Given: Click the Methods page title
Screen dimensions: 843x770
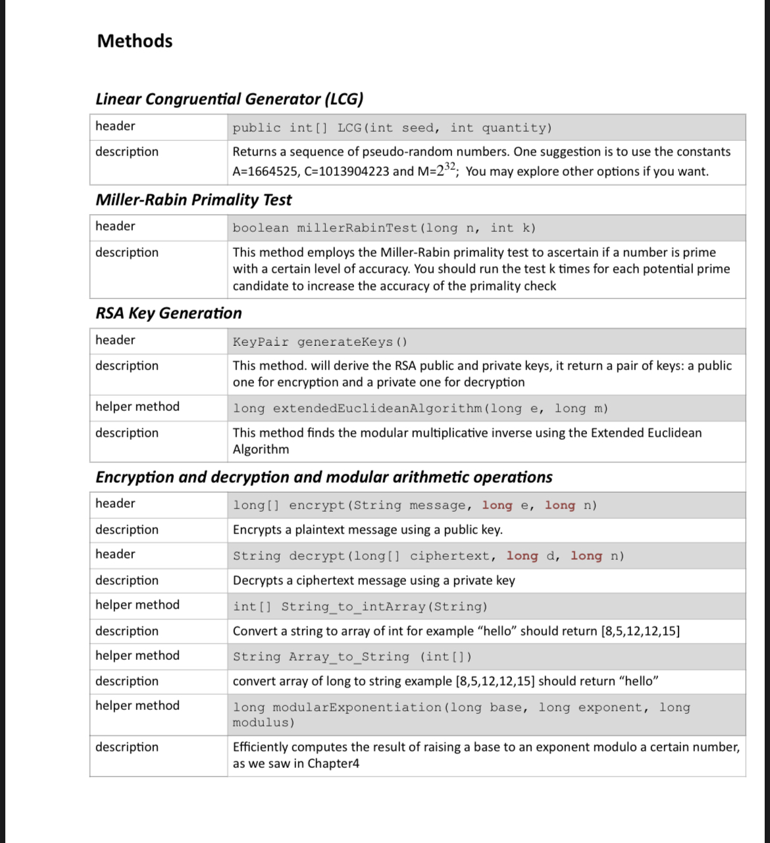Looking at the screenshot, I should click(135, 41).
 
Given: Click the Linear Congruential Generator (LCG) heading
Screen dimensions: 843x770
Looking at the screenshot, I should click(229, 99).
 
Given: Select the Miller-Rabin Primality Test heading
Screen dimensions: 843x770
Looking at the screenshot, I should click(193, 200).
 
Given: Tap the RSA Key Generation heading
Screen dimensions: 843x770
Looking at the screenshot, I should click(168, 313).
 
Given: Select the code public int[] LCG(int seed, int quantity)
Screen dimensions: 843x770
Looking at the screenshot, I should click(392, 128).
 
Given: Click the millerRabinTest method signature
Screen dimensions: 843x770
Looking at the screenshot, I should click(384, 228).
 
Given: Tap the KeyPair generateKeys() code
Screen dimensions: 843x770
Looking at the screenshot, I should click(320, 342).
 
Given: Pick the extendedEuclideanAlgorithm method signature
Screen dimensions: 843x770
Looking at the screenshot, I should click(421, 408).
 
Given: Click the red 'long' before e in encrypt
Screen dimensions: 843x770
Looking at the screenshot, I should click(497, 505).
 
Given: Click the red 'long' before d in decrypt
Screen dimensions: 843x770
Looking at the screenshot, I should click(522, 556).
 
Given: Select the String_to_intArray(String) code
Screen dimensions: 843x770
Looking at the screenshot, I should click(360, 607).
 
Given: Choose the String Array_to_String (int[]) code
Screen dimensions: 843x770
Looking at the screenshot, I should click(352, 657).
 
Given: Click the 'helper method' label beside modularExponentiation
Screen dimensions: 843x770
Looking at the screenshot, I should click(137, 705).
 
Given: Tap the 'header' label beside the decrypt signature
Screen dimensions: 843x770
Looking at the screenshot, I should click(115, 554).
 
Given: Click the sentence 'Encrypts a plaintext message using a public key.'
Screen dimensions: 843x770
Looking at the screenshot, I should click(367, 530).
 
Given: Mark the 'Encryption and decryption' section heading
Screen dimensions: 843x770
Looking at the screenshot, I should click(324, 477).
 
